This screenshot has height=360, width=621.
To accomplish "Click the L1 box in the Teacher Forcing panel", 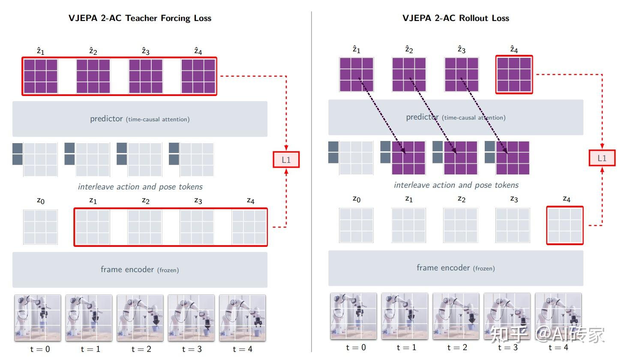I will tap(286, 160).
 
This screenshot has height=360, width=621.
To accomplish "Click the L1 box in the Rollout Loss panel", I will tap(602, 158).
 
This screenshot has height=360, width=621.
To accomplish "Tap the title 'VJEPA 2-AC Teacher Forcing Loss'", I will tap(140, 18).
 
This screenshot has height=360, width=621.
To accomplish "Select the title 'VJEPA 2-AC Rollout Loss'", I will tap(456, 18).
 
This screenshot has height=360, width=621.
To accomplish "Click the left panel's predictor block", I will tap(140, 119).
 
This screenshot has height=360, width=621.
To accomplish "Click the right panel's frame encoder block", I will tap(456, 268).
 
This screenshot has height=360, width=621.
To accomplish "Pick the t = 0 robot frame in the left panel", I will tap(38, 318).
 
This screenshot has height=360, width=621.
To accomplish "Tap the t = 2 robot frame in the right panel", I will tap(456, 316).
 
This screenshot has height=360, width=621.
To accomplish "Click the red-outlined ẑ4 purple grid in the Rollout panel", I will tap(514, 75).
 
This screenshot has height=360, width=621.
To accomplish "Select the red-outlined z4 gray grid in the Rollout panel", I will tap(565, 225).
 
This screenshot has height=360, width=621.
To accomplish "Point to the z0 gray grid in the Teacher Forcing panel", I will tap(40, 227).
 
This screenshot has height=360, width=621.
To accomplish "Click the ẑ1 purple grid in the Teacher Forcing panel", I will tap(41, 76).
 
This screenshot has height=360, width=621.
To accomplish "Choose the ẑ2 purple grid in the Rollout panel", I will tap(409, 75).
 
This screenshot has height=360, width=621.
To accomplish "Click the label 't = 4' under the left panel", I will tap(242, 349).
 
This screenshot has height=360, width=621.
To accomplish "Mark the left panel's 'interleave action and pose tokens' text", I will tap(140, 187).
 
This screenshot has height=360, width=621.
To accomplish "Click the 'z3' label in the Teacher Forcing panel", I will tap(198, 200).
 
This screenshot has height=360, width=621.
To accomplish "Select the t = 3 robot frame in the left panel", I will tap(191, 318).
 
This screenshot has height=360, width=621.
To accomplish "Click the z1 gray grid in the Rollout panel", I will tap(408, 225).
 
